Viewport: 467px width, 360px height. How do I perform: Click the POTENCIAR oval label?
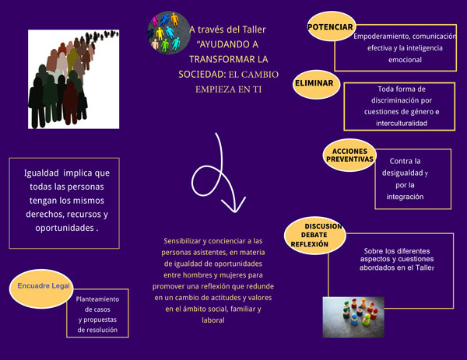pyautogui.click(x=331, y=26)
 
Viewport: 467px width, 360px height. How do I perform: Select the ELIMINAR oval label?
pyautogui.click(x=316, y=84)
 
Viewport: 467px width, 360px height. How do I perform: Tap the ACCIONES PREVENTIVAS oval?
pyautogui.click(x=349, y=155)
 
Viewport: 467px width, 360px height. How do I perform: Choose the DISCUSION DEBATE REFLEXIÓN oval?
pyautogui.click(x=314, y=236)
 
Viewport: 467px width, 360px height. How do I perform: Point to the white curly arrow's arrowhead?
pyautogui.click(x=233, y=205)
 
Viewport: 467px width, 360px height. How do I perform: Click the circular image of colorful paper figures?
pyautogui.click(x=169, y=33)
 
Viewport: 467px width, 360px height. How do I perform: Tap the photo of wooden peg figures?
pyautogui.click(x=353, y=317)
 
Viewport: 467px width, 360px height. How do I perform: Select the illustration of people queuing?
pyautogui.click(x=74, y=79)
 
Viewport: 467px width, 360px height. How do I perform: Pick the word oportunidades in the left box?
pyautogui.click(x=65, y=228)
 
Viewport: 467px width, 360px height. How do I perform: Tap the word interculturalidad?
pyautogui.click(x=402, y=123)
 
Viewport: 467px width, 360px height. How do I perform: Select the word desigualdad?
pyautogui.click(x=402, y=173)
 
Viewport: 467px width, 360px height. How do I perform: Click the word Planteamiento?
pyautogui.click(x=97, y=299)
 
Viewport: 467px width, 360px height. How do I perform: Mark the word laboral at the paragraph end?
pyautogui.click(x=213, y=320)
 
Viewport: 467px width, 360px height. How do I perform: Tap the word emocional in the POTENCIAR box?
pyautogui.click(x=405, y=60)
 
